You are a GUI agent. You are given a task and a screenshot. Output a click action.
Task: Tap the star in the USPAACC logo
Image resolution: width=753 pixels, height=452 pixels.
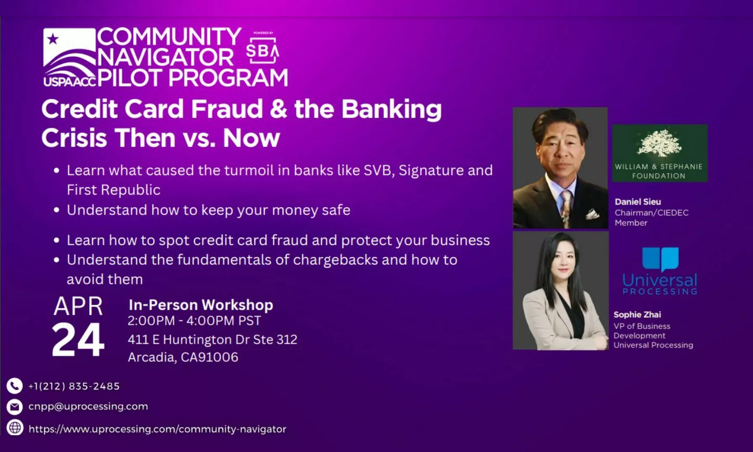pos(53,39)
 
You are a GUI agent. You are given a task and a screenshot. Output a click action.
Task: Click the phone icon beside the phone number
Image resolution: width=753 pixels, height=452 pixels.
pos(15,386)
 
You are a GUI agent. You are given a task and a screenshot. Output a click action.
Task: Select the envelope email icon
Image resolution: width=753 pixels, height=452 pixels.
pos(15,407)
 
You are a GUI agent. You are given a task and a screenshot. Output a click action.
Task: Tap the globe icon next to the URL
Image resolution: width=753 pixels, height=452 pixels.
pos(15,428)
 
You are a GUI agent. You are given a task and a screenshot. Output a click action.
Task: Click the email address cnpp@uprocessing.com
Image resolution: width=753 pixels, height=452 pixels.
pos(88,407)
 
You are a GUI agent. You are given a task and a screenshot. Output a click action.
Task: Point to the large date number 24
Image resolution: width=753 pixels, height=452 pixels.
pos(78,340)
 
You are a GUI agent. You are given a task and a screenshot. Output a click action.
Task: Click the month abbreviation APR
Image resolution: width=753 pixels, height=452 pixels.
pos(78,306)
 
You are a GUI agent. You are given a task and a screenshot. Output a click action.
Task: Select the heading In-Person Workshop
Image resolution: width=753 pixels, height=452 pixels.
pos(201,305)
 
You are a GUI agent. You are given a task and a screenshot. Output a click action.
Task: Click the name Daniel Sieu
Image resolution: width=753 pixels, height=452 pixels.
pos(638,202)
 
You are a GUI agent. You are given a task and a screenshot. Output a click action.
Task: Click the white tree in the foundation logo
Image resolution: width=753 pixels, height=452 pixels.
pos(659,143)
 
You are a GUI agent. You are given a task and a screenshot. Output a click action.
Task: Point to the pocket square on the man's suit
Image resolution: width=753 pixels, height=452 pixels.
pos(592,214)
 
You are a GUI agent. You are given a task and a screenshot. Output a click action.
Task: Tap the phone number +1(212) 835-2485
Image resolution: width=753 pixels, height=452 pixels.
pos(74,386)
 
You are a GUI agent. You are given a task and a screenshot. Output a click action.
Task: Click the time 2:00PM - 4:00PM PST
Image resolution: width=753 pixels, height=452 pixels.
pos(194,321)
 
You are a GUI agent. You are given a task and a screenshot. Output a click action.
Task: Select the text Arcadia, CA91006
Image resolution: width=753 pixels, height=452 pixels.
pos(183,357)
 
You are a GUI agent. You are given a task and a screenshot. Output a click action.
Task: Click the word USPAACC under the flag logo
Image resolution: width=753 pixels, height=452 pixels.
pos(70,81)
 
